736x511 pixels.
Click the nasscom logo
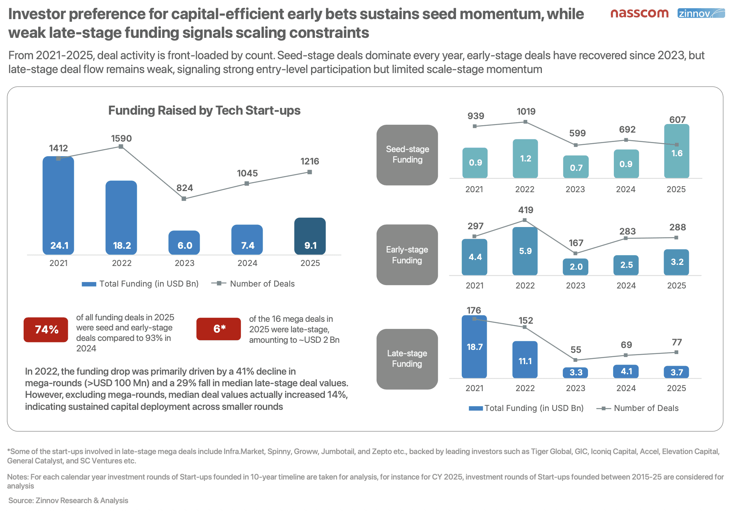coord(639,13)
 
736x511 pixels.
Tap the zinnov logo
coord(701,13)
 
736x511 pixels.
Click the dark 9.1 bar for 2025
coord(310,236)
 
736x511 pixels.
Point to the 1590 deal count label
coord(121,139)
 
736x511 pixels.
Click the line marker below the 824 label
coord(184,199)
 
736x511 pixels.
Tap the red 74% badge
coord(46,330)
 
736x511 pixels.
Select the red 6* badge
coord(218,329)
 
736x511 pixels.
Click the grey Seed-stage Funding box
coord(407,155)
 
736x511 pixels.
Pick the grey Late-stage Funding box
coord(407,359)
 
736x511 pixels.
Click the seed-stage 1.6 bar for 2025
coord(676,151)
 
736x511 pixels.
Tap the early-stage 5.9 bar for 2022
coord(525,251)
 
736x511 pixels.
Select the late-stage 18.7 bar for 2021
coord(474,347)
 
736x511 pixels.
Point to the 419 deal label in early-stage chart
coord(525,210)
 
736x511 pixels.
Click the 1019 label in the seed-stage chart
coord(526,112)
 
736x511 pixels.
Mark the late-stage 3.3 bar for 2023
coord(576,372)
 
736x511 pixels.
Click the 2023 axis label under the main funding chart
coord(184,263)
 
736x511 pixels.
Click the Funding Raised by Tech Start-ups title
coord(204,111)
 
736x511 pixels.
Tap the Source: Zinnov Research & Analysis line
coord(68,501)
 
